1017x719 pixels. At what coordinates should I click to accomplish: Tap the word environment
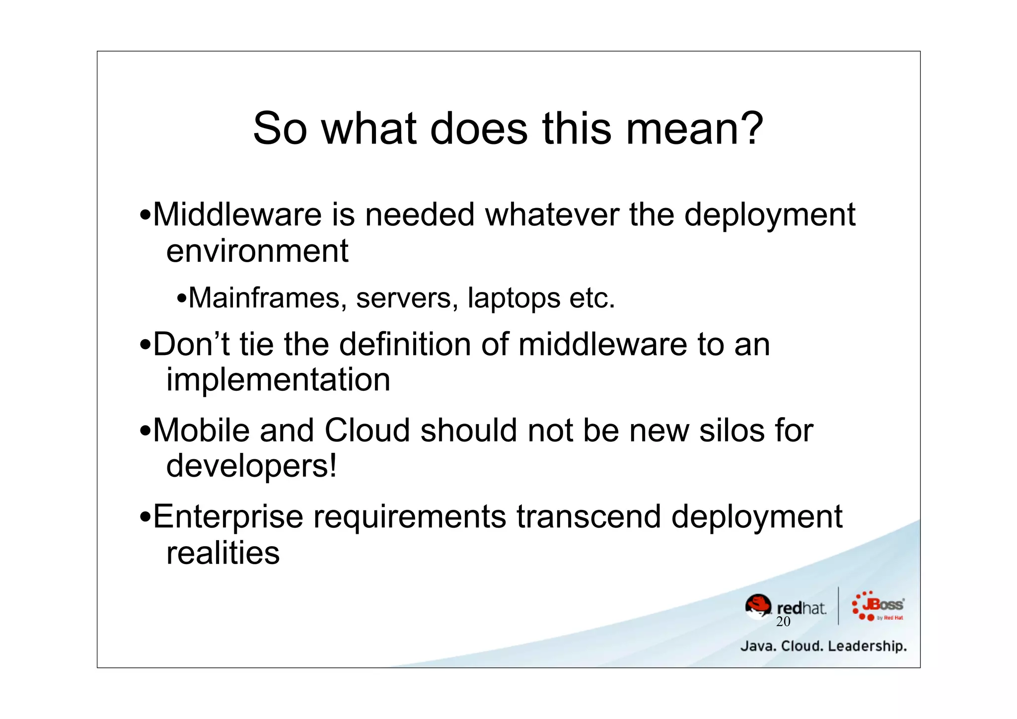click(257, 251)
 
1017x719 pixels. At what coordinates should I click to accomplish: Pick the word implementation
click(278, 381)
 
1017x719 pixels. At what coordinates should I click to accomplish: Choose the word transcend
click(588, 517)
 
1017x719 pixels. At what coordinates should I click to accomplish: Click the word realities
click(223, 553)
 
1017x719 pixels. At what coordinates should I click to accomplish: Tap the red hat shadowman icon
click(758, 606)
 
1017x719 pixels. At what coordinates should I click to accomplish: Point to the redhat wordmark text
click(801, 608)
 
